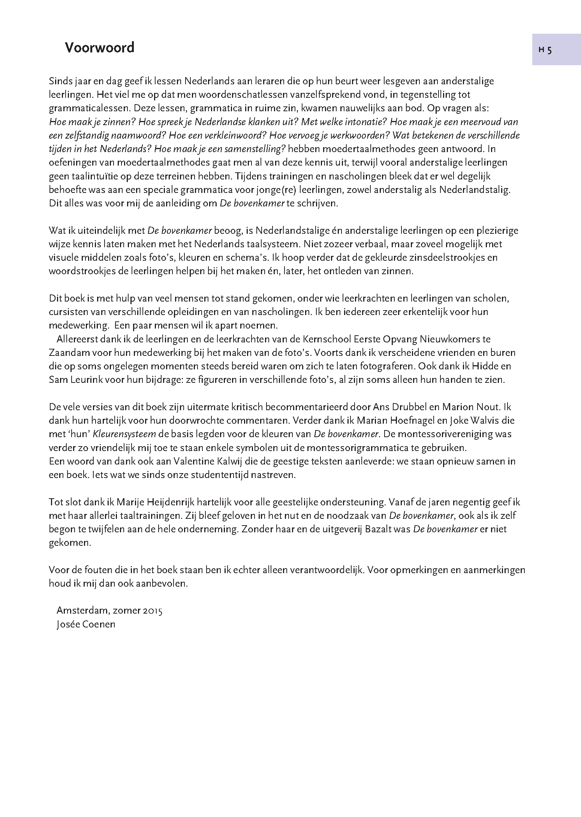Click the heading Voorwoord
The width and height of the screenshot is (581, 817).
[x=99, y=48]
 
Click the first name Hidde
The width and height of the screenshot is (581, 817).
[x=488, y=366]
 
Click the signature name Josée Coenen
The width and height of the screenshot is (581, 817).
[x=86, y=624]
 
